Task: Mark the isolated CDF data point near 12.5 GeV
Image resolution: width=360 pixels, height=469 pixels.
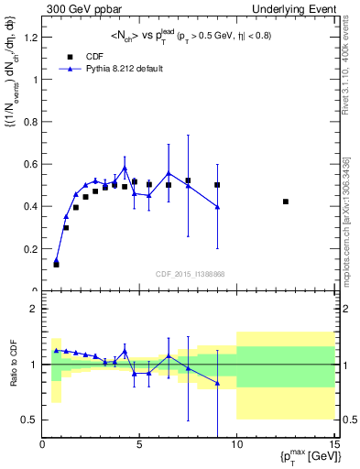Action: (286, 202)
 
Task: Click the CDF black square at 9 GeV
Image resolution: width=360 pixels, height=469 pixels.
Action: (217, 185)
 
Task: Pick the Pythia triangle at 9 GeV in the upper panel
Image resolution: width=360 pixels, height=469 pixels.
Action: (217, 207)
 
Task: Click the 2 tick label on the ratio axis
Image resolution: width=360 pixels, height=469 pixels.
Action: (35, 309)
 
